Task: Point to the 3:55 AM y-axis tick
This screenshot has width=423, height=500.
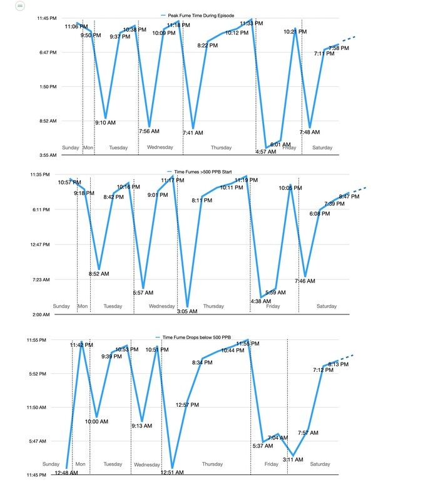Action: [48, 155]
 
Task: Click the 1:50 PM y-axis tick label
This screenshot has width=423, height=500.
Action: [48, 87]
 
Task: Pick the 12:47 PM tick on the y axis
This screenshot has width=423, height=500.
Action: [48, 244]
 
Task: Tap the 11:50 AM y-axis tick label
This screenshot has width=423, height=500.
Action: [48, 407]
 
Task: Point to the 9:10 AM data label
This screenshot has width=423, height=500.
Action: [105, 122]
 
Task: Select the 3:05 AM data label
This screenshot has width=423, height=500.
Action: [187, 311]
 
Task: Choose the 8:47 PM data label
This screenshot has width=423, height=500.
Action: [349, 196]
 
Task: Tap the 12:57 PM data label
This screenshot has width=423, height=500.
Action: [187, 405]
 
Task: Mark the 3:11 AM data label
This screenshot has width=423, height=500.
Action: [293, 459]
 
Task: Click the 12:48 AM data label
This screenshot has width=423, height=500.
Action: [66, 472]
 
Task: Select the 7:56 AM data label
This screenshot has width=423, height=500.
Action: [149, 131]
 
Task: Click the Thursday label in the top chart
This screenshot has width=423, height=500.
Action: [220, 148]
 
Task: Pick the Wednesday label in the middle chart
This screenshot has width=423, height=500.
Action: [161, 306]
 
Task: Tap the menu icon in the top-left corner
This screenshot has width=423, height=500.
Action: [20, 5]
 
